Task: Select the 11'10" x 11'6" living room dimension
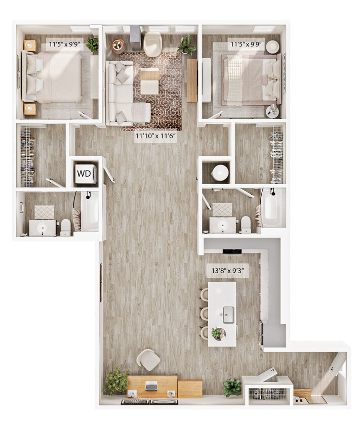156,136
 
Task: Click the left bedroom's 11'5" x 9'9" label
64,44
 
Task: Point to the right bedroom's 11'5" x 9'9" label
247,44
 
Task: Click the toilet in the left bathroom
65,227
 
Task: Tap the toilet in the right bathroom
246,224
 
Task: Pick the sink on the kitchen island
228,314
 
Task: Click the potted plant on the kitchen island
218,333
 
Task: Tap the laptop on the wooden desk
151,386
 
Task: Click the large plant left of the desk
116,380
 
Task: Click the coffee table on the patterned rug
149,81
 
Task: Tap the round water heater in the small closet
220,173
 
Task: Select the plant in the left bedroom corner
93,44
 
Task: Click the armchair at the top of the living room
152,44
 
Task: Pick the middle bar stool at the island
205,313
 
